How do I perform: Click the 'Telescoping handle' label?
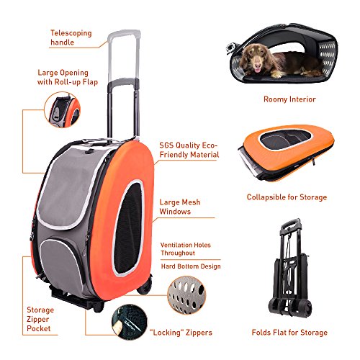pos(71,37)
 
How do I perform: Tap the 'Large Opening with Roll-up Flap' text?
pos(68,77)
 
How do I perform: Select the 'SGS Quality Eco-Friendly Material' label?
pos(189,150)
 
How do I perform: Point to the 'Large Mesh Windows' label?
pos(180,207)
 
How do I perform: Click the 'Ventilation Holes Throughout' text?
pos(186,249)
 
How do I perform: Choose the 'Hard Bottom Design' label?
pos(191,266)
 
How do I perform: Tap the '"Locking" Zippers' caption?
pos(181,333)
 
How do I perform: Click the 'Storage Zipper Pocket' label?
pos(40,319)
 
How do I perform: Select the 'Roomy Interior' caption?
pos(289,99)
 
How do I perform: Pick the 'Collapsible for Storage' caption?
pos(287,197)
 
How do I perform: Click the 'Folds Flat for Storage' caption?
pos(289,333)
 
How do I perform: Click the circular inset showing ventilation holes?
pos(186,294)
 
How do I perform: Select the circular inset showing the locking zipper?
pos(130,323)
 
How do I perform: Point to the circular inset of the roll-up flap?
pos(63,110)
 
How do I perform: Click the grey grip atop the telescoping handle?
pos(124,34)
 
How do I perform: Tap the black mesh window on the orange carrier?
pos(128,228)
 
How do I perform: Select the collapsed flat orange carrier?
pos(287,152)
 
